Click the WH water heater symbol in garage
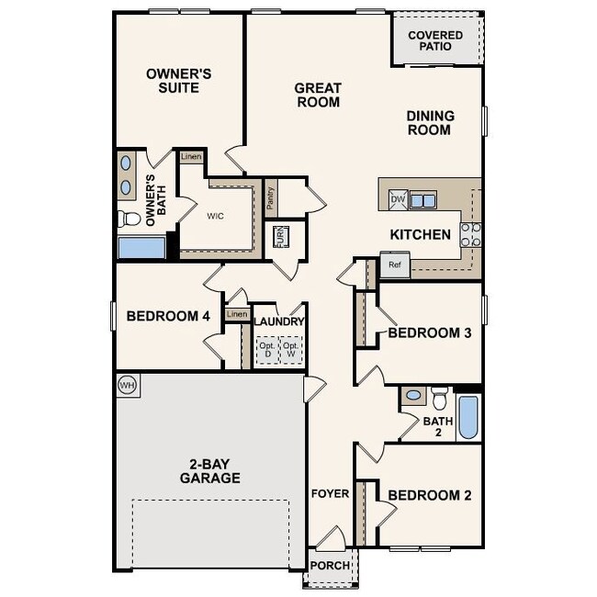(127, 384)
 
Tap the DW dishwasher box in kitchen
(398, 199)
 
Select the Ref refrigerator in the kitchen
(395, 265)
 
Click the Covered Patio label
(436, 40)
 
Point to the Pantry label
(270, 199)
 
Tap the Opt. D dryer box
(267, 350)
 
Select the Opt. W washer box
(291, 350)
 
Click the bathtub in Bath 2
(467, 417)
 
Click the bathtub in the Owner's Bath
(141, 248)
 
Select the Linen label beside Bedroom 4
(237, 315)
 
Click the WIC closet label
(215, 216)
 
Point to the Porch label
(331, 566)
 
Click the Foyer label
(330, 494)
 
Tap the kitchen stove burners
(470, 234)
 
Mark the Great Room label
(318, 95)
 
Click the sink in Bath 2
(413, 396)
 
